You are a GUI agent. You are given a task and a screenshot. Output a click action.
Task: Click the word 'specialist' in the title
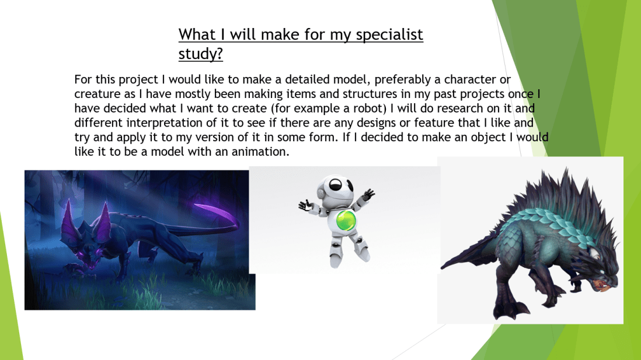tap(389, 35)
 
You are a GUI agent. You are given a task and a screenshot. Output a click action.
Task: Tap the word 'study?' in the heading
tap(201, 54)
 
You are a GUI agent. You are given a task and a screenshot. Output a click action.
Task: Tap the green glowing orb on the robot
tap(346, 220)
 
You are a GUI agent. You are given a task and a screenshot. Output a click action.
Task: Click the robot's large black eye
tap(336, 184)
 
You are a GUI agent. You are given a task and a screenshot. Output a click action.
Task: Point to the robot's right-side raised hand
tap(369, 194)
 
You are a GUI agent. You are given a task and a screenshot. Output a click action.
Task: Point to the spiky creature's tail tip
tap(444, 266)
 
